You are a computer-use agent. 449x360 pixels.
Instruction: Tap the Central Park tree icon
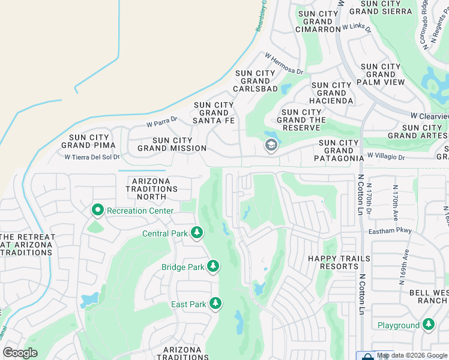click(196, 233)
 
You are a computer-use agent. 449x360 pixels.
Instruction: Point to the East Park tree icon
click(215, 304)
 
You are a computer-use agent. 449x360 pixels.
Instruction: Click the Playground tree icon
click(428, 325)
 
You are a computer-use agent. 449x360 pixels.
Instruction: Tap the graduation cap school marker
click(271, 146)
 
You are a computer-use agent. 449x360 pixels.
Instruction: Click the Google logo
click(20, 353)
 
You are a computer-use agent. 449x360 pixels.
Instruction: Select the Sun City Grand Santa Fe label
click(214, 113)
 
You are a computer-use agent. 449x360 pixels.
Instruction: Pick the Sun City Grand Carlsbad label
click(256, 81)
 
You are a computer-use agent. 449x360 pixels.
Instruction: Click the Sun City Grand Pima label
click(88, 141)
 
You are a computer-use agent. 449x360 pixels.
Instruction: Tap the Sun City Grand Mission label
click(172, 144)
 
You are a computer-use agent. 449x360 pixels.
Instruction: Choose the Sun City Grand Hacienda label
click(331, 93)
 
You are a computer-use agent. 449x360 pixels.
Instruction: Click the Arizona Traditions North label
click(155, 188)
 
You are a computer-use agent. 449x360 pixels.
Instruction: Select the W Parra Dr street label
click(162, 122)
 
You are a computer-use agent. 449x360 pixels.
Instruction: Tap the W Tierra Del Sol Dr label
click(92, 157)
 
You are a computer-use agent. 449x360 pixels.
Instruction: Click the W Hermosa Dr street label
click(284, 64)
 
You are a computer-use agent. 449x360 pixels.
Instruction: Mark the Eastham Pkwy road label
click(391, 230)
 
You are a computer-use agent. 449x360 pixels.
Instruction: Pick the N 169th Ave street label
click(405, 266)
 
